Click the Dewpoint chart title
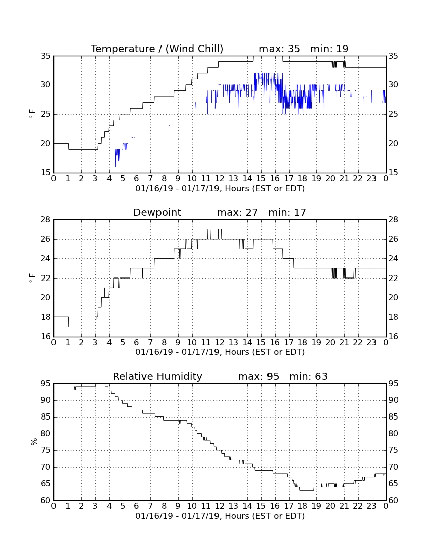[157, 213]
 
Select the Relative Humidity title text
[157, 376]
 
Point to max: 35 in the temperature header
[279, 49]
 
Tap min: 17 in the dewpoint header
[287, 213]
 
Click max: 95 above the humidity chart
[258, 376]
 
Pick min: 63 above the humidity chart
[308, 376]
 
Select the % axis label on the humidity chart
[34, 442]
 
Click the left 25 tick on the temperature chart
[45, 114]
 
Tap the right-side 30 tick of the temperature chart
[393, 85]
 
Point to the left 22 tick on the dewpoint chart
[45, 279]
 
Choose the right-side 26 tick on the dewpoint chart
[393, 239]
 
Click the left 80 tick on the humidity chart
[45, 434]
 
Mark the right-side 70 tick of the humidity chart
[393, 467]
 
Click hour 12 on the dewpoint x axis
[220, 343]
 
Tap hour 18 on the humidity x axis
[303, 506]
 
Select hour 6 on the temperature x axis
[137, 179]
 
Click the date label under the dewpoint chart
[220, 352]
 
